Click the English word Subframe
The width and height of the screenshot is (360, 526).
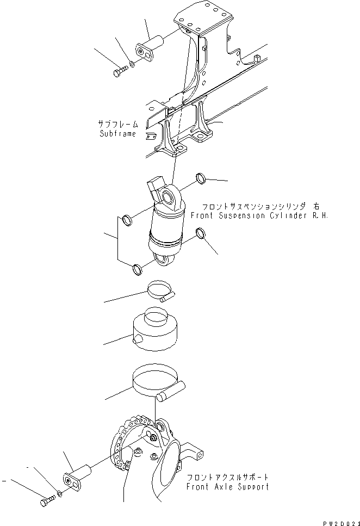(x=117, y=134)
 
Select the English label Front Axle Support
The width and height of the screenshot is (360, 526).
(x=227, y=487)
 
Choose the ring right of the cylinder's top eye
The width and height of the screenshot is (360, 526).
(x=201, y=177)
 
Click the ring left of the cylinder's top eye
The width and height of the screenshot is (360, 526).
(x=127, y=220)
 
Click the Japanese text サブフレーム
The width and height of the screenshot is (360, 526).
(x=117, y=124)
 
